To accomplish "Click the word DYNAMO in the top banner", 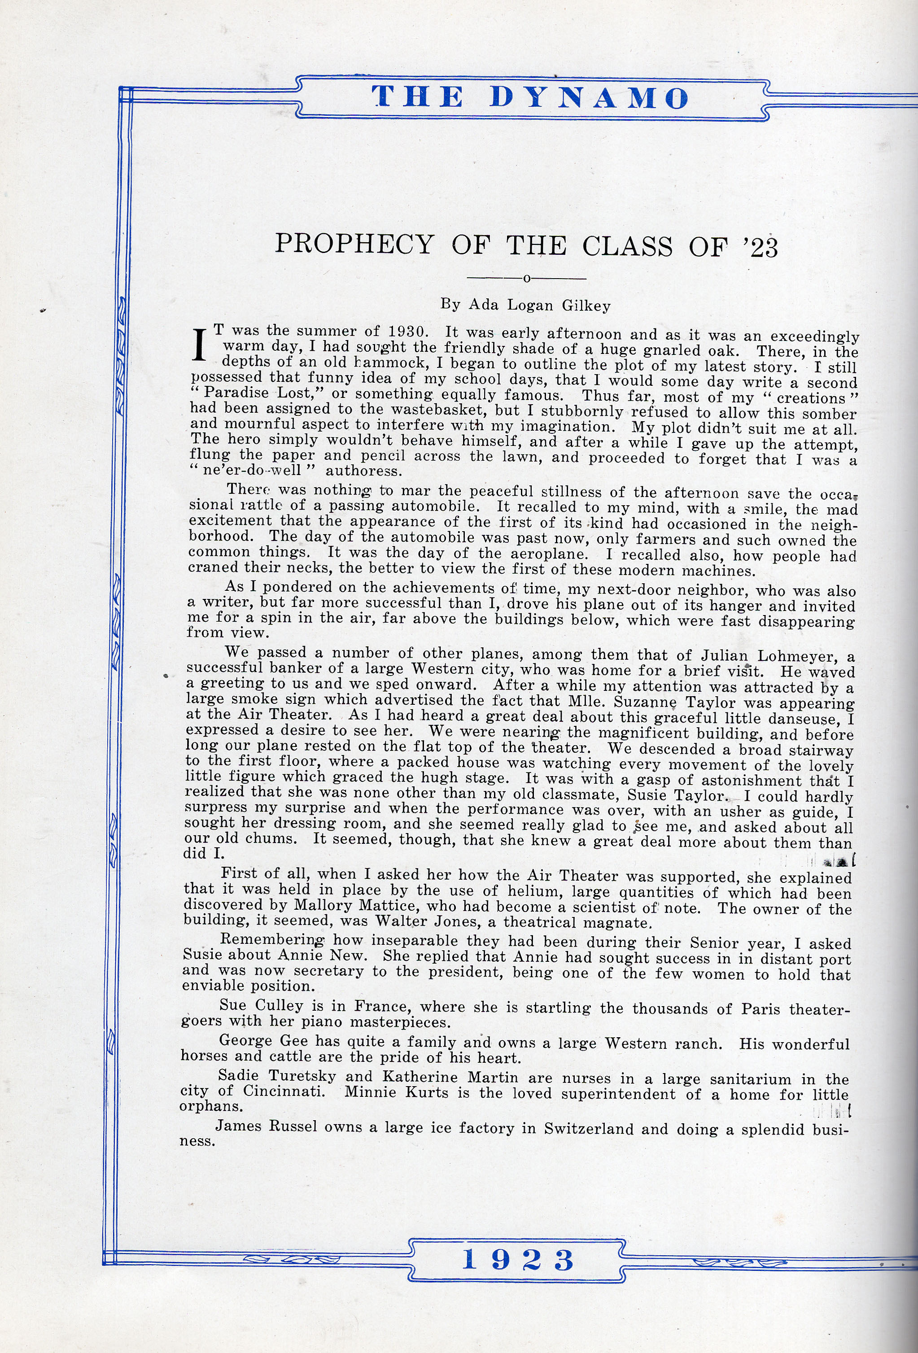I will tap(589, 97).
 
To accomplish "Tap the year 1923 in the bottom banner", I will tap(518, 1261).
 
